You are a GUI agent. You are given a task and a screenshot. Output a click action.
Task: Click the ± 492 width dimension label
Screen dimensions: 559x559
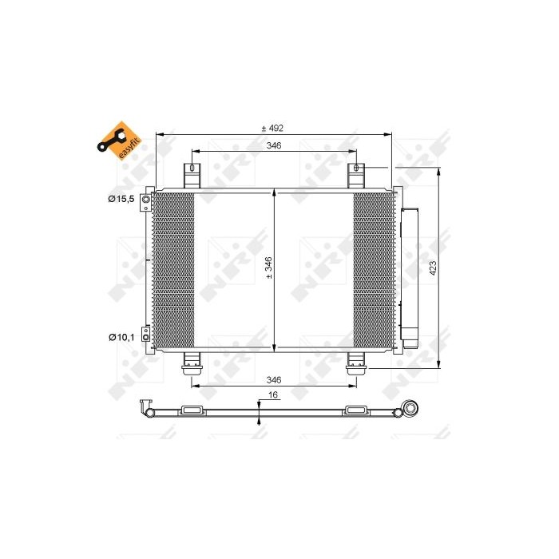pos(273,128)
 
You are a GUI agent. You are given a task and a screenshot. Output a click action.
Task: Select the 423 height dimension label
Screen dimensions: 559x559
pos(434,269)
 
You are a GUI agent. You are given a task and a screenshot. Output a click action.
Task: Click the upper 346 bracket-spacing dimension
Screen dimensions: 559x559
pos(273,146)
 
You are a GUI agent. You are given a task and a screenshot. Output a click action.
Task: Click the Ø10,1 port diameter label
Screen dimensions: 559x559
pos(124,336)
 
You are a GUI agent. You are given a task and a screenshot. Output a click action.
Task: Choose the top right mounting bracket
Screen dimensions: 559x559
pos(355,175)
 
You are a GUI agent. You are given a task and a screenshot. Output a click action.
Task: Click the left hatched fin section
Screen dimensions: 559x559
pos(173,269)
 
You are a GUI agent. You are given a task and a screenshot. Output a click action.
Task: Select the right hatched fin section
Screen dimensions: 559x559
pos(375,269)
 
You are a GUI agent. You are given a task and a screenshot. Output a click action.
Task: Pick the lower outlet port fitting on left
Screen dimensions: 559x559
pos(146,334)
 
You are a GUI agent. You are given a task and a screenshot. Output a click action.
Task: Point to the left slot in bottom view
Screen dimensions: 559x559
pos(192,410)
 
